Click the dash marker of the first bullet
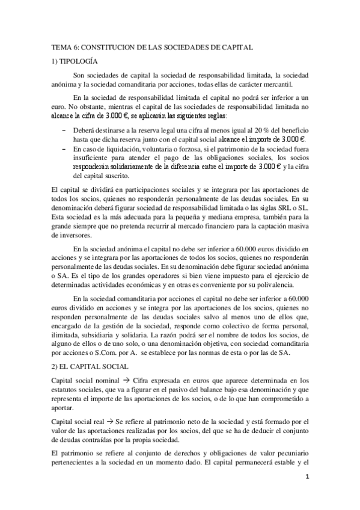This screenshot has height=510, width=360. coord(64,130)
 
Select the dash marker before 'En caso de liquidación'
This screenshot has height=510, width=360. coord(64,147)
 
